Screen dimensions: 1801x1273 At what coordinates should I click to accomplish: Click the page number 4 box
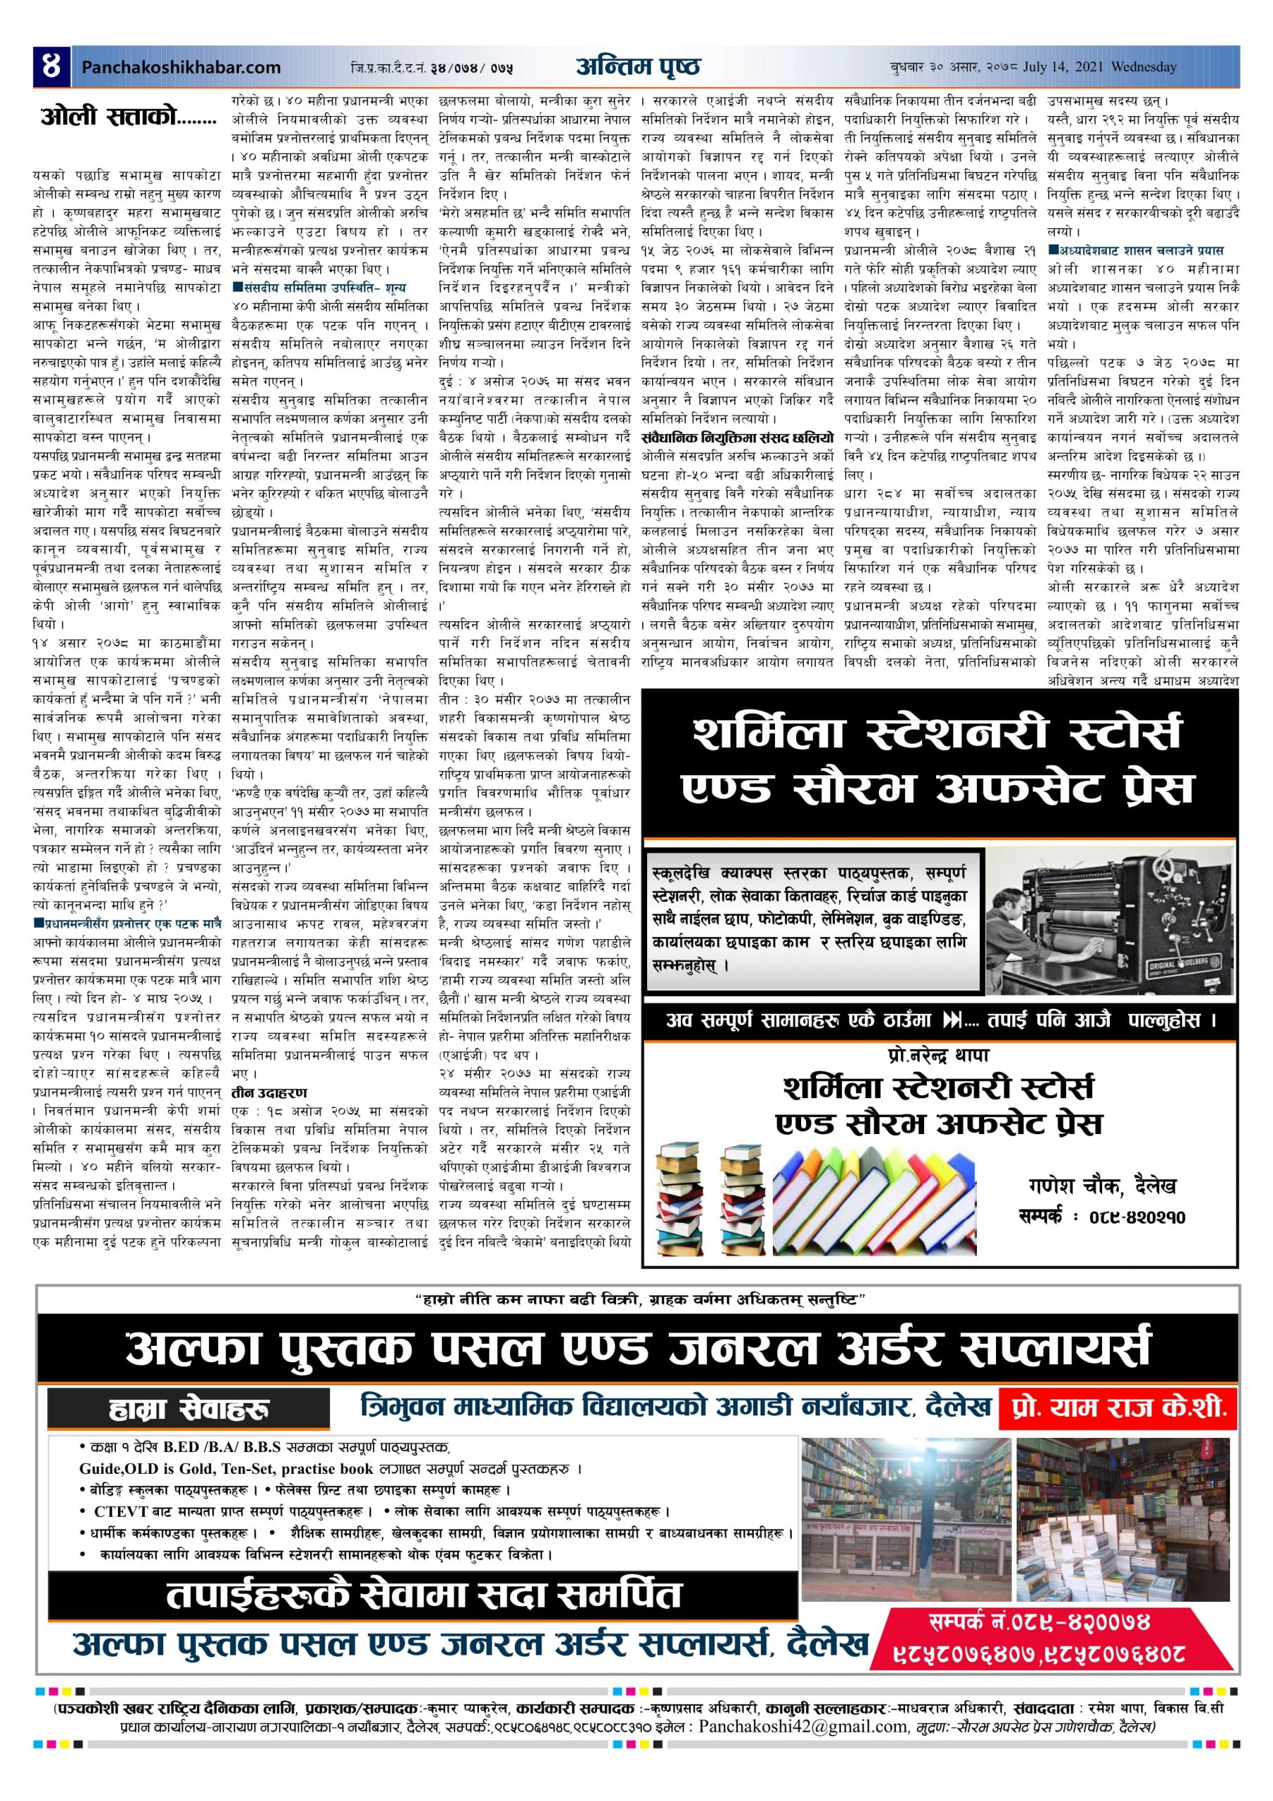click(x=52, y=67)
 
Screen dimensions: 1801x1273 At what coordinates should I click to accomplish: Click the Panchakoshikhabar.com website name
click(x=181, y=68)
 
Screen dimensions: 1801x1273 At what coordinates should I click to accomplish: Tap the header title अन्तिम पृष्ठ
click(x=638, y=67)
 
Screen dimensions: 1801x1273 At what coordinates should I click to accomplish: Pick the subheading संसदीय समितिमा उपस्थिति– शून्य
click(x=319, y=288)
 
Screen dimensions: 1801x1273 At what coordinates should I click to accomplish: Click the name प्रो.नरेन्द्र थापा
click(x=939, y=1055)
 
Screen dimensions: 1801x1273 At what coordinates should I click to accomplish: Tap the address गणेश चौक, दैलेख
click(x=1102, y=1187)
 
